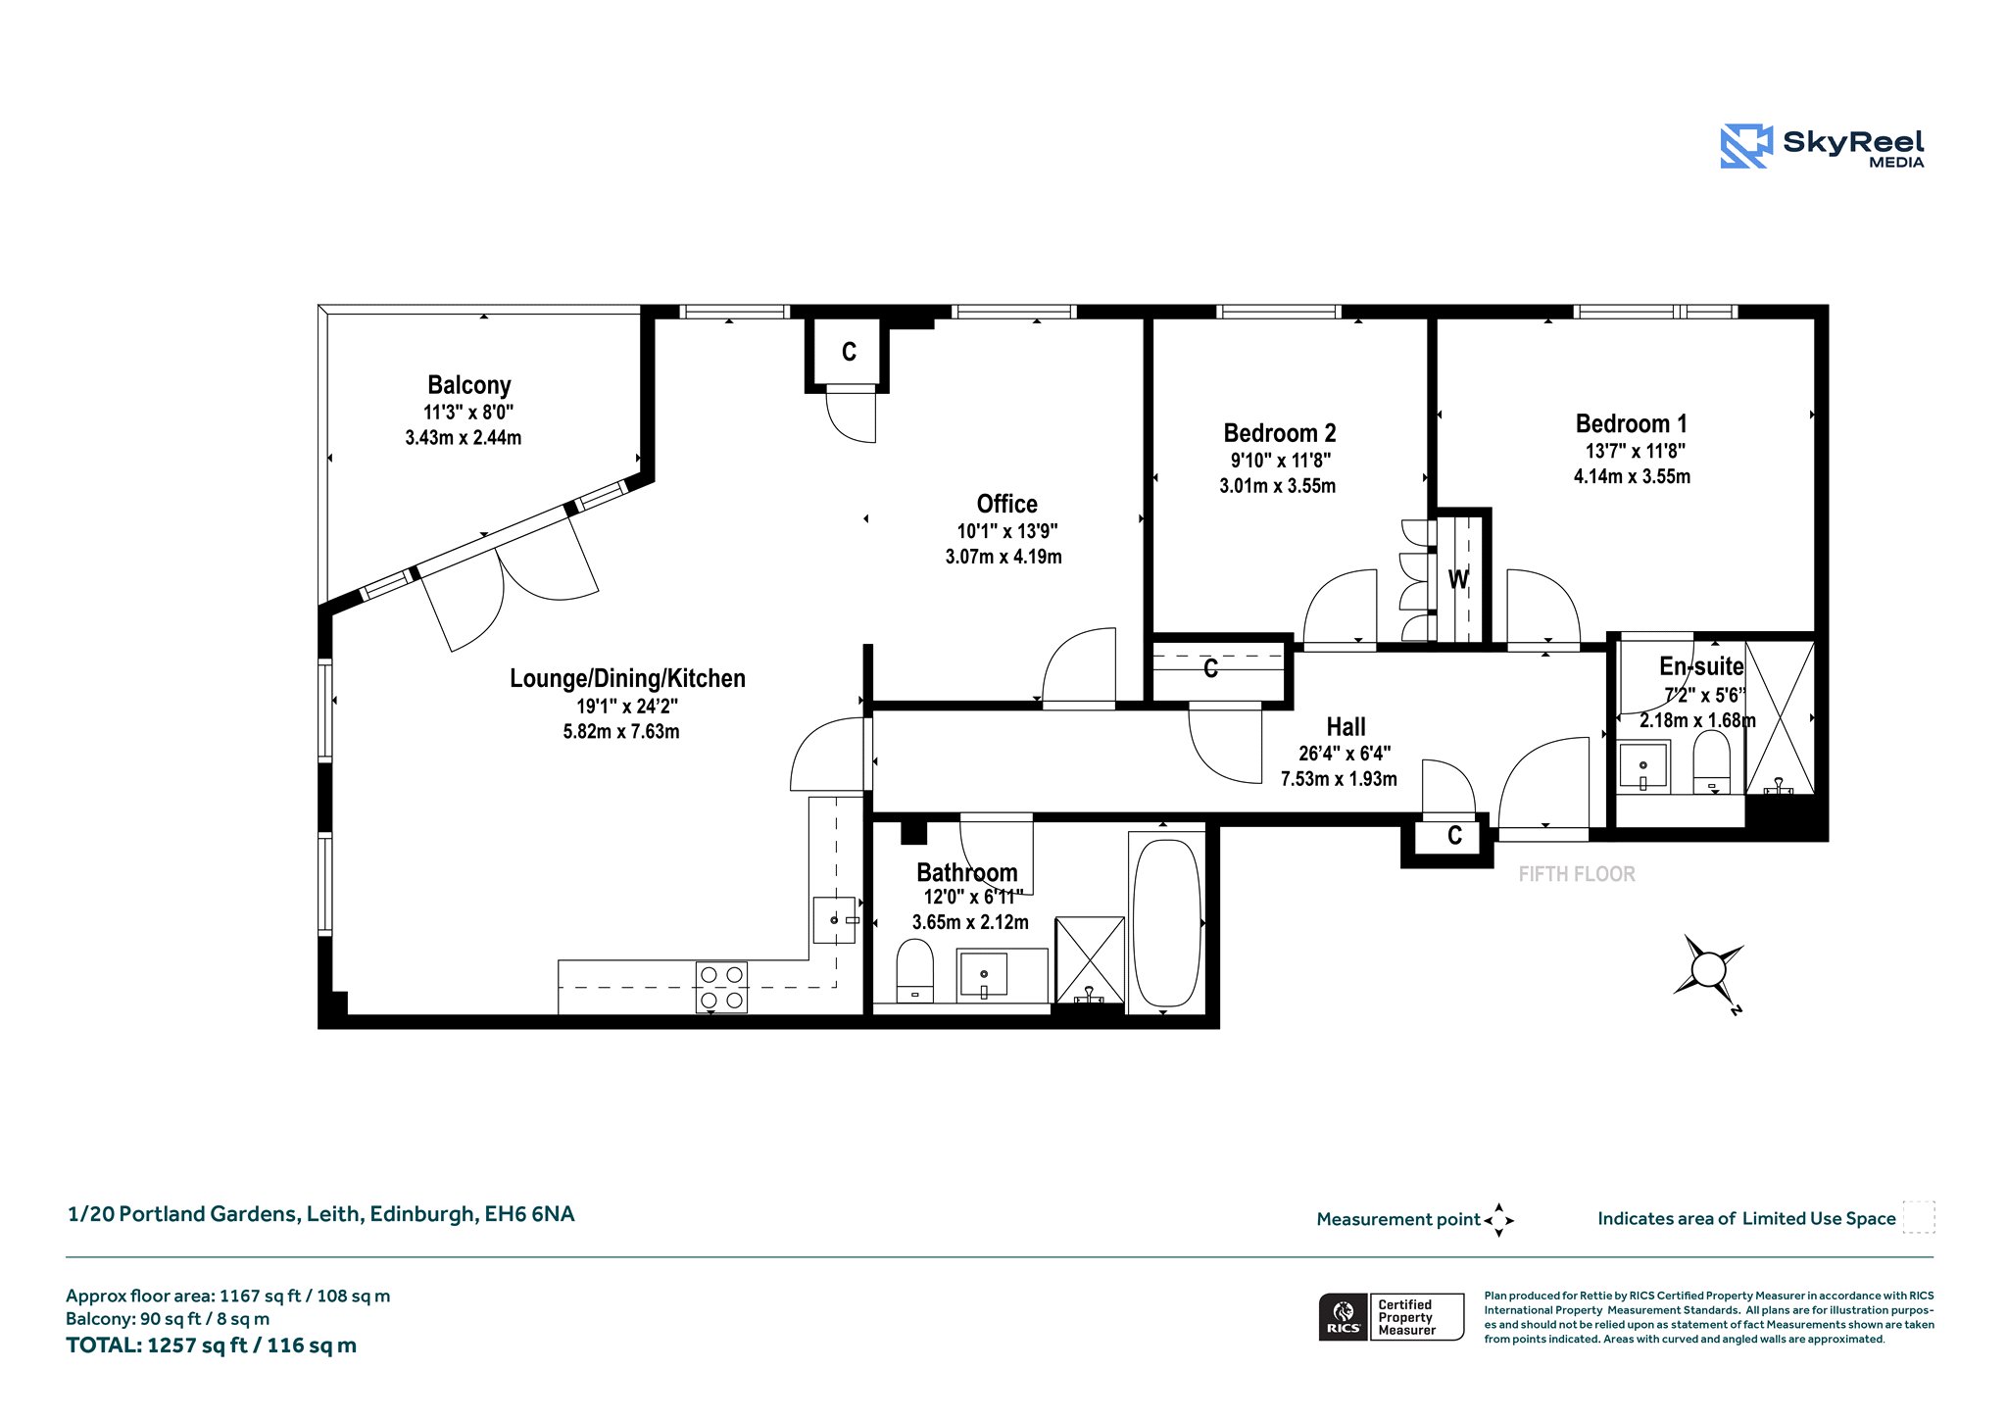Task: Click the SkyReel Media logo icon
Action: (x=1746, y=146)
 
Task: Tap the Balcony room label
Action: (x=469, y=385)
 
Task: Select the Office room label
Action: (x=1006, y=504)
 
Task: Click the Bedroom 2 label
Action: (x=1279, y=433)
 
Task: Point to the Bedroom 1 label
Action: (x=1631, y=424)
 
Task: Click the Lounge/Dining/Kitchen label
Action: (x=627, y=678)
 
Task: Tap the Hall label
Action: (x=1346, y=727)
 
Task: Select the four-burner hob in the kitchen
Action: (x=721, y=987)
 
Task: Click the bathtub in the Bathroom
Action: (x=1166, y=923)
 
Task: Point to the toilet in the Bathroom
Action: (x=915, y=970)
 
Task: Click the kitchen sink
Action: (x=834, y=920)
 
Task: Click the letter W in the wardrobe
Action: (x=1458, y=579)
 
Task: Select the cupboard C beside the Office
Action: (x=849, y=352)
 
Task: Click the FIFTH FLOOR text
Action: (x=1577, y=874)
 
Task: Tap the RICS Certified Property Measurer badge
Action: (x=1392, y=1317)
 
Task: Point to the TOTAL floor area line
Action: (x=211, y=1346)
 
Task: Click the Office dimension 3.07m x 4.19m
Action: (x=1003, y=557)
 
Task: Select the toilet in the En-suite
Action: (x=1711, y=760)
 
